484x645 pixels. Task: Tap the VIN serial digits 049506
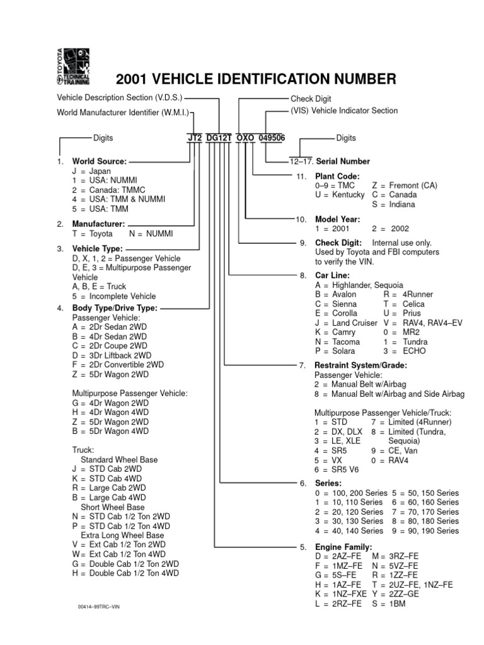(x=271, y=139)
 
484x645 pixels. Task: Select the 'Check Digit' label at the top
(x=311, y=99)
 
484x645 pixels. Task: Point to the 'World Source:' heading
(x=99, y=162)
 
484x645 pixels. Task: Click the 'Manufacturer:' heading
(x=98, y=224)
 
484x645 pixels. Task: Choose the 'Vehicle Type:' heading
(x=98, y=249)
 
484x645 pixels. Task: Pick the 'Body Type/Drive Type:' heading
(x=115, y=308)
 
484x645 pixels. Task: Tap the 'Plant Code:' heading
(x=338, y=176)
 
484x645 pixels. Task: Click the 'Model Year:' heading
(x=337, y=219)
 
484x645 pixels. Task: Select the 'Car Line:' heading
(x=332, y=275)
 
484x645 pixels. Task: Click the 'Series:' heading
(x=328, y=483)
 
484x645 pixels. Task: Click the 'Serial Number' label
(x=343, y=161)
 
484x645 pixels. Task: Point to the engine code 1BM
(x=397, y=603)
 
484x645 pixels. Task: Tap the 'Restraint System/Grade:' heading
(x=361, y=365)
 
